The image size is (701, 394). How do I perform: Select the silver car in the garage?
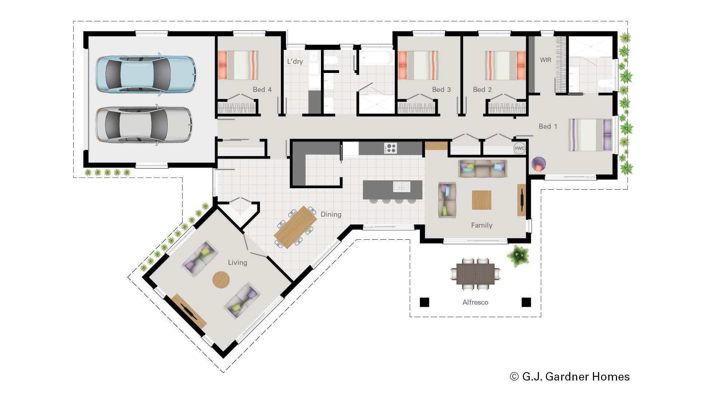[x=144, y=125]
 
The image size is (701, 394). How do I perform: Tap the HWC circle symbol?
[x=519, y=148]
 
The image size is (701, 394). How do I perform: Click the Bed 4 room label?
[x=262, y=89]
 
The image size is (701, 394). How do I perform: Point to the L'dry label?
[x=295, y=61]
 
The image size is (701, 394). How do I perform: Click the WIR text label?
[x=545, y=60]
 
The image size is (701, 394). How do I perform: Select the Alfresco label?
[x=475, y=302]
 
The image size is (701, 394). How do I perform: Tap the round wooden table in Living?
[x=221, y=280]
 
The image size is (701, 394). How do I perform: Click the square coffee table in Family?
[x=481, y=200]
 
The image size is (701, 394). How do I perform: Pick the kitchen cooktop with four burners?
[x=390, y=148]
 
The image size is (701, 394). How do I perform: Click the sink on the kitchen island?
[x=402, y=186]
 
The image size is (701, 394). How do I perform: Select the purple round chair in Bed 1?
[x=539, y=164]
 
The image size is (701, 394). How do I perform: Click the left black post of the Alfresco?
[x=424, y=302]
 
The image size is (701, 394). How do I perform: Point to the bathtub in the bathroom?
[x=376, y=58]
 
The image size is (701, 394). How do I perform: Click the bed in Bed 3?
[x=418, y=65]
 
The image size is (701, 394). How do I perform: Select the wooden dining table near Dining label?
[x=295, y=227]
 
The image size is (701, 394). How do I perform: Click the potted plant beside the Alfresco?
[x=518, y=256]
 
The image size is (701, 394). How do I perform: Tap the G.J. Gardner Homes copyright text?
[x=570, y=376]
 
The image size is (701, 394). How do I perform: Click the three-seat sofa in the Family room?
[x=483, y=169]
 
